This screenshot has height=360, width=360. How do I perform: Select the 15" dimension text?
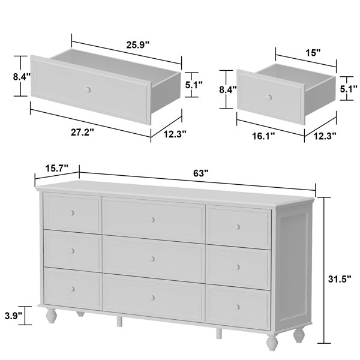(311, 53)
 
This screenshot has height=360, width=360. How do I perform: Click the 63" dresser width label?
(201, 173)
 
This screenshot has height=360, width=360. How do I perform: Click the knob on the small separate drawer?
(269, 97)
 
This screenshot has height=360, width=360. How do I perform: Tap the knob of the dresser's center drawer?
(153, 259)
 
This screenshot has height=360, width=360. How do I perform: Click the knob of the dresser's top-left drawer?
(72, 213)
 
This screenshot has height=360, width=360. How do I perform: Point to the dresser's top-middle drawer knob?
(152, 220)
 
